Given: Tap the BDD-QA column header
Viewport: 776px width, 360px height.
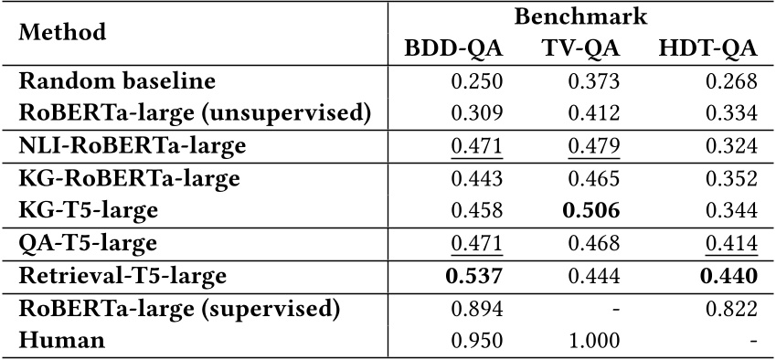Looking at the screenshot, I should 454,49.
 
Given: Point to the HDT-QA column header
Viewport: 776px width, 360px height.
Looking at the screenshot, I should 707,49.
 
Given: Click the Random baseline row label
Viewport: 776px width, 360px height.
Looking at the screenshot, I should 104,81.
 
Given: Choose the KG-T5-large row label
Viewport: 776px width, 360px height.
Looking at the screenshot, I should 89,210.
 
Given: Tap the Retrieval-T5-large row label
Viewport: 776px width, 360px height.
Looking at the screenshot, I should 122,274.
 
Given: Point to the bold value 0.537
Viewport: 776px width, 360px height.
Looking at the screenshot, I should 477,274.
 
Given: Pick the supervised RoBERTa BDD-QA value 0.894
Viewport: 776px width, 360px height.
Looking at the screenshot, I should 477,307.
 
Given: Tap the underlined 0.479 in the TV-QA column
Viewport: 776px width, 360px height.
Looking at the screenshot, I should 594,145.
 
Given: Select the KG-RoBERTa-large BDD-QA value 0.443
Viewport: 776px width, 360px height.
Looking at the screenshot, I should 477,178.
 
